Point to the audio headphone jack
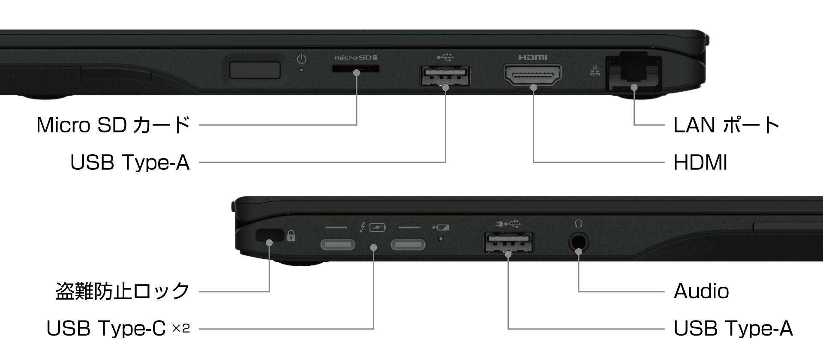click(x=579, y=242)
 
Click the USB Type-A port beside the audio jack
click(x=509, y=243)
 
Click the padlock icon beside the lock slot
click(x=291, y=235)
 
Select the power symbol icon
click(x=302, y=58)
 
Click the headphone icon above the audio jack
click(x=579, y=224)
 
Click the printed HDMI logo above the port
click(x=533, y=57)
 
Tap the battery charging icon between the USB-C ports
click(x=377, y=227)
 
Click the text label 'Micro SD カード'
click(x=113, y=125)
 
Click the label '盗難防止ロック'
click(x=123, y=291)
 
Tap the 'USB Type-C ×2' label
click(x=118, y=329)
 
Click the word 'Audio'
click(x=701, y=291)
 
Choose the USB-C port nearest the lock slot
click(x=338, y=245)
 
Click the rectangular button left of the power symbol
click(x=255, y=70)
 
